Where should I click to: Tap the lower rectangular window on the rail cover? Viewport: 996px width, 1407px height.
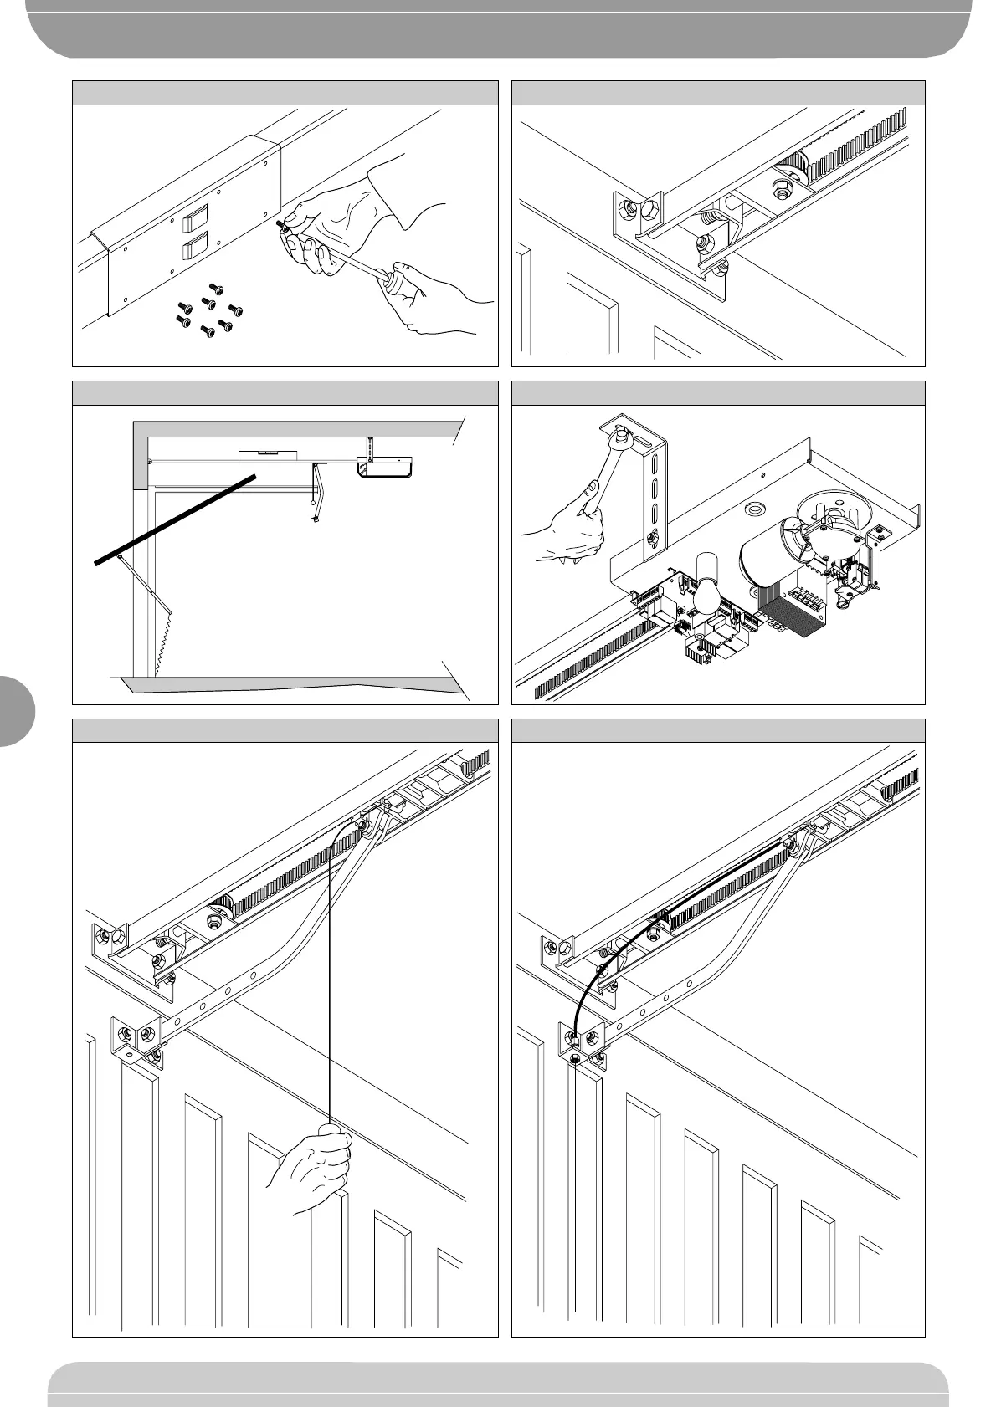coord(194,248)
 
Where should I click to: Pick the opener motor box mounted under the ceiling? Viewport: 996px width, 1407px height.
coord(384,466)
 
